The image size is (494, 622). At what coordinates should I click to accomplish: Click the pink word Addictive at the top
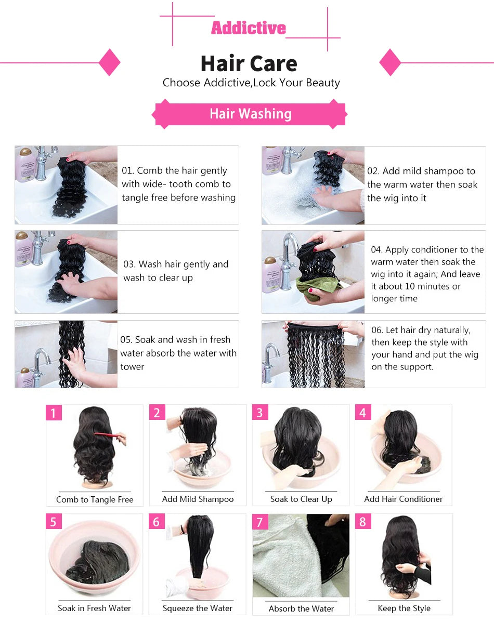(248, 28)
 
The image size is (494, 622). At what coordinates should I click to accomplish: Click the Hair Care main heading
(249, 63)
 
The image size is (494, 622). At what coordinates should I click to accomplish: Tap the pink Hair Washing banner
(250, 114)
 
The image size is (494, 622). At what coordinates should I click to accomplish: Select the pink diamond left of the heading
(109, 63)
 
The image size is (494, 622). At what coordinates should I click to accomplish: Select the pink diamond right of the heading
(390, 63)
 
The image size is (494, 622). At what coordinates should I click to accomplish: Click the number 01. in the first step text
(128, 171)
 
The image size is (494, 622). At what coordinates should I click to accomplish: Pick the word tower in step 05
(132, 367)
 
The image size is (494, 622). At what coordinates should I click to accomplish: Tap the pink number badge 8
(363, 522)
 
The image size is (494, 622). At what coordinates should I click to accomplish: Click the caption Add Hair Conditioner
(404, 499)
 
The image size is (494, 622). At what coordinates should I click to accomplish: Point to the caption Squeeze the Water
(198, 608)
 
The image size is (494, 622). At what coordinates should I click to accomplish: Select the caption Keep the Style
(404, 608)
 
